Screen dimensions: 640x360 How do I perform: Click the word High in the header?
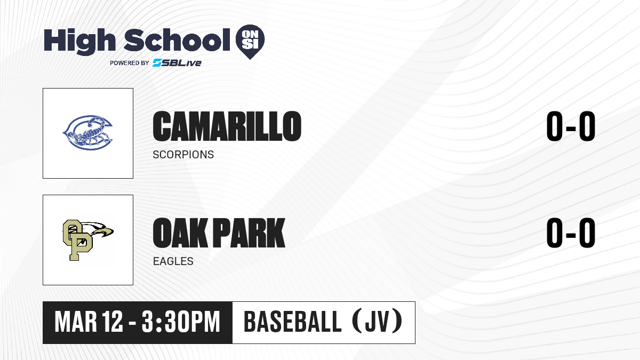(x=79, y=42)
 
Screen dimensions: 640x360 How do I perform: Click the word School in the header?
(x=177, y=40)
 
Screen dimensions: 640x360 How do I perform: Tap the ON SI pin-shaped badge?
(x=250, y=42)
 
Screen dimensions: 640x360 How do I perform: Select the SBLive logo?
(x=177, y=63)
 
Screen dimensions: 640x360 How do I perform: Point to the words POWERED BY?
(x=130, y=63)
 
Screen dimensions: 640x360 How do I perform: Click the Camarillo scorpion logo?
(x=87, y=133)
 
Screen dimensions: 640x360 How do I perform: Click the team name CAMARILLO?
(x=227, y=126)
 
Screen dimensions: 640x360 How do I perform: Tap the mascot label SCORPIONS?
(x=183, y=155)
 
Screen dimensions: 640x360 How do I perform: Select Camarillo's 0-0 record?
(x=571, y=126)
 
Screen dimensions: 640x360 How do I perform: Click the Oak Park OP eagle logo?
(x=88, y=240)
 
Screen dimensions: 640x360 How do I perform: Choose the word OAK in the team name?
(x=180, y=233)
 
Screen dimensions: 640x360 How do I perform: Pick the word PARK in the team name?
(x=249, y=233)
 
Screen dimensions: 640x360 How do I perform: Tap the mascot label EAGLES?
(x=173, y=261)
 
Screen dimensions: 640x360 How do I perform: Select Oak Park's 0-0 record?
(x=571, y=233)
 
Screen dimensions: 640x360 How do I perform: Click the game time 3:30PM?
(x=181, y=322)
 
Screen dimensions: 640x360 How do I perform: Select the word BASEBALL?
(x=293, y=322)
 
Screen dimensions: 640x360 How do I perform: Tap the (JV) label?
(x=377, y=322)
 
